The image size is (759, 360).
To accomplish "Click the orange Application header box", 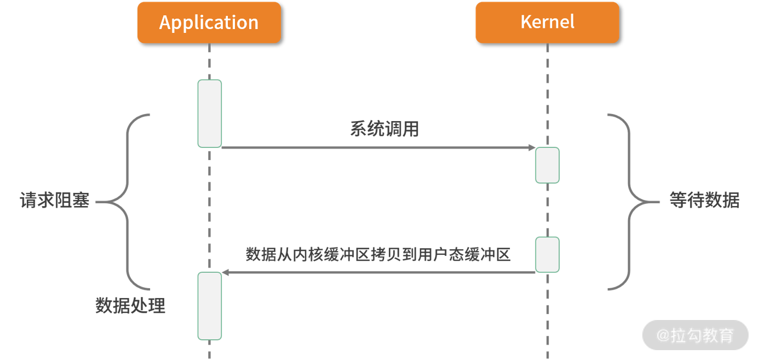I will [209, 22].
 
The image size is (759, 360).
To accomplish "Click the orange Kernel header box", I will [547, 22].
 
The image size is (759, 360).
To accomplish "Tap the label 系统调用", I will [384, 129].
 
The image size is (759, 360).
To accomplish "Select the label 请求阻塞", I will [54, 201].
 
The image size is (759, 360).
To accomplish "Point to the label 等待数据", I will [704, 201].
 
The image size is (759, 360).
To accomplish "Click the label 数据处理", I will [130, 305].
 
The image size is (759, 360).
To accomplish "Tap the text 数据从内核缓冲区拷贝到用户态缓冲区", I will [378, 255].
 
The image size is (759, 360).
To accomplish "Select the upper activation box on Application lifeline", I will [210, 113].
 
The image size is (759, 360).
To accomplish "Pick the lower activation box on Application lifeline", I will [210, 306].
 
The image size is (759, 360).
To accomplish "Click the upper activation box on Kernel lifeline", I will [547, 165].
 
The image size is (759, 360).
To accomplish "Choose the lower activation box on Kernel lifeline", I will [547, 254].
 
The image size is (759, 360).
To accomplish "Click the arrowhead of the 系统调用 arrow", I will [532, 148].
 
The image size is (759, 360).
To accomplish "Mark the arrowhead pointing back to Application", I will [225, 272].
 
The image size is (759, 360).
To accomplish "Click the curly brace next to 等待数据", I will [629, 202].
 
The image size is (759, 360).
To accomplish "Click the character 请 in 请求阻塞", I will [28, 201].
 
